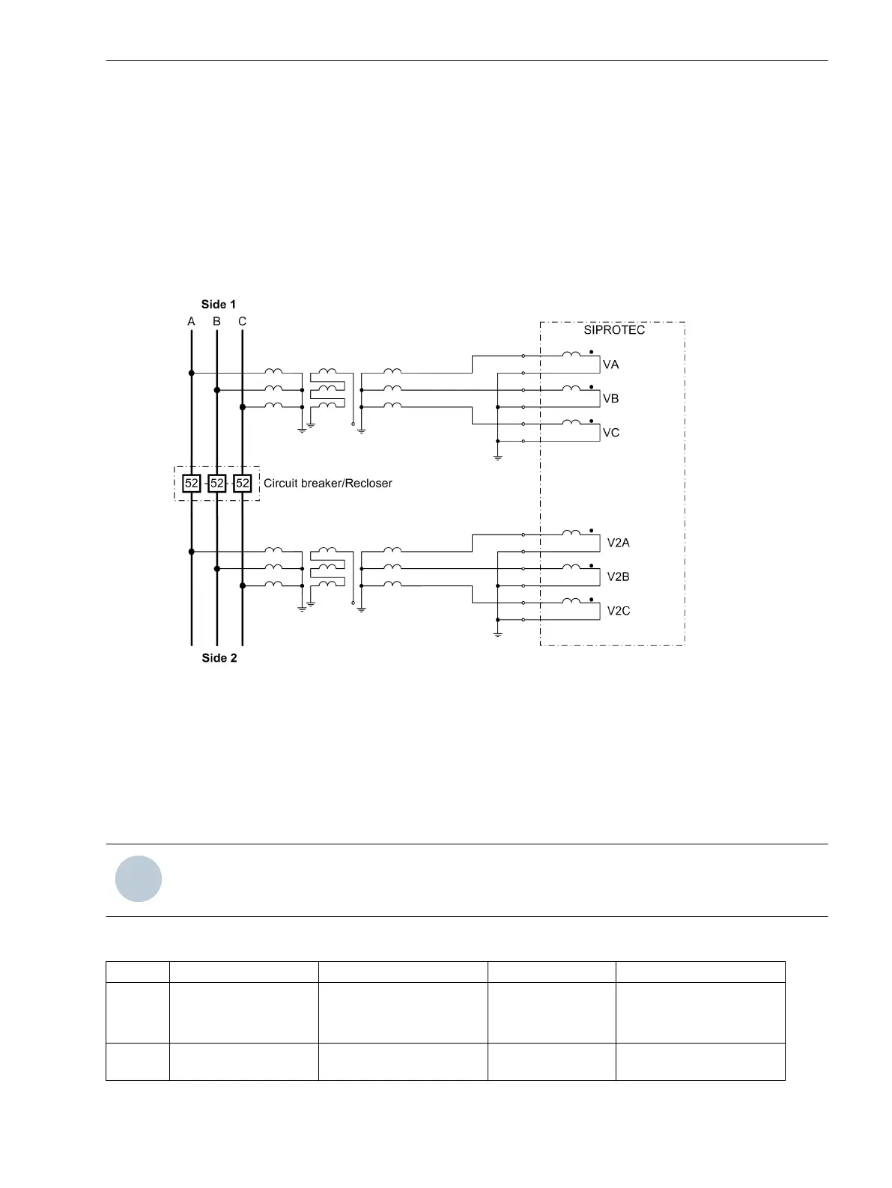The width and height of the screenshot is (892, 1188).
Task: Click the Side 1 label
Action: point(219,304)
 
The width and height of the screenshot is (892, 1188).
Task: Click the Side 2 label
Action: point(219,658)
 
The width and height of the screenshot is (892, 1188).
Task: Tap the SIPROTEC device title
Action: point(614,330)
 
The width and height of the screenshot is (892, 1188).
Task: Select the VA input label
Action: point(611,365)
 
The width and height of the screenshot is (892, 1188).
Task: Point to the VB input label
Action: point(611,398)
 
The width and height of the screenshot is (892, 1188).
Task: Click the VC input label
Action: point(611,433)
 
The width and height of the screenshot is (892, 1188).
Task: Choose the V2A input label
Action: point(619,543)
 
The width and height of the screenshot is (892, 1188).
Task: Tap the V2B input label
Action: point(619,576)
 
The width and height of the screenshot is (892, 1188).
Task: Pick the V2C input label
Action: point(619,611)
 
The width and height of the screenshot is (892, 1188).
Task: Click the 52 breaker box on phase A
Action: point(192,484)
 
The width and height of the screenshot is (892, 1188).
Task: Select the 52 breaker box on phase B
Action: point(217,484)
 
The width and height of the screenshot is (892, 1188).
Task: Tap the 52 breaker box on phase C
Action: point(242,484)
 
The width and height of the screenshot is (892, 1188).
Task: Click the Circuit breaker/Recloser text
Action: point(328,484)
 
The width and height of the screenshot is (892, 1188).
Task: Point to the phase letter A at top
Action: point(191,322)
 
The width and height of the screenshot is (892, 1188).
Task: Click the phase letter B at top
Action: point(216,322)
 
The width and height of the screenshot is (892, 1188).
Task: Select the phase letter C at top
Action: point(242,322)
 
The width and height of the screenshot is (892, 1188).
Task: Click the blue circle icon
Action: point(139,879)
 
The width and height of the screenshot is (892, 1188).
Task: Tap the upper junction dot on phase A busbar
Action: point(192,373)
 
